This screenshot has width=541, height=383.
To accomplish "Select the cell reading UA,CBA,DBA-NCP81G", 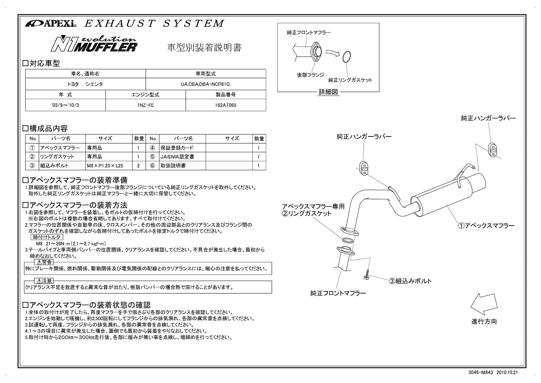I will coord(205,84).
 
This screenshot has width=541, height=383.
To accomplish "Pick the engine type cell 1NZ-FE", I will coord(146,105).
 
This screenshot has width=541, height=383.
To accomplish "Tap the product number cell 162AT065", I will coord(226,105).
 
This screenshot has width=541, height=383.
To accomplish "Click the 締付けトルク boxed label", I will coord(47,237).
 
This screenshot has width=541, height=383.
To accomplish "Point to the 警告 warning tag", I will coord(44,262).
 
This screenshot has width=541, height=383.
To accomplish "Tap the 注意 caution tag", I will coord(44,281).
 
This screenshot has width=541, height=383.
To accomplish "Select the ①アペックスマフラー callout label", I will coord(486,226).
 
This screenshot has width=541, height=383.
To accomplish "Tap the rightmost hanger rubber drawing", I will coord(493,149).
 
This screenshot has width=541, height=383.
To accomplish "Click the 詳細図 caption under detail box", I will coord(328,92).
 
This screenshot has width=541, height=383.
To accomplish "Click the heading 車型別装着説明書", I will coord(204,48).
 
